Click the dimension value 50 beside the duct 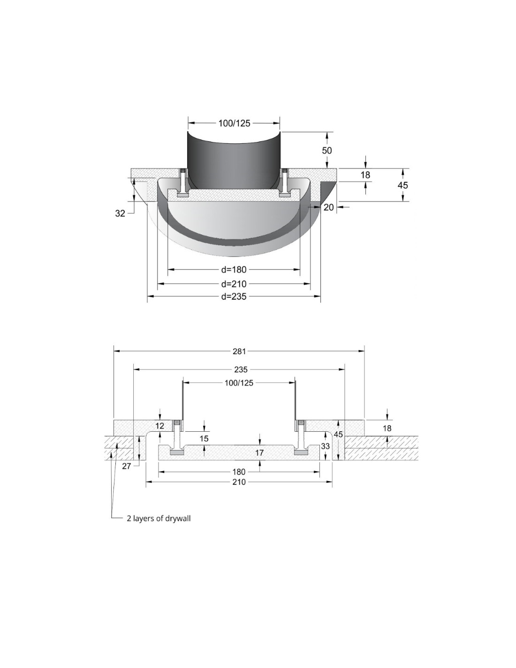pos(326,150)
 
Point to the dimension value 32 pos(120,213)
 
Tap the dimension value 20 pos(328,208)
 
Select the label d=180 pos(234,270)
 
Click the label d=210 pos(234,284)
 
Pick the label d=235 pos(234,296)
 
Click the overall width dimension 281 pos(239,351)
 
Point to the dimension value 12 pos(160,426)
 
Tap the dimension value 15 pos(204,439)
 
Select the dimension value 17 pos(259,453)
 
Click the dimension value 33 pos(325,445)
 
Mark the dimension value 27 pos(127,466)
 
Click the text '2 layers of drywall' pos(159,518)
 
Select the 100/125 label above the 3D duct pos(234,124)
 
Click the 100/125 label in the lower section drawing pos(239,383)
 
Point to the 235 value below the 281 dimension pos(241,369)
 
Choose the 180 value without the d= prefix pos(239,472)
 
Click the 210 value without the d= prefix pos(239,482)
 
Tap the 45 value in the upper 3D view pos(402,186)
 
